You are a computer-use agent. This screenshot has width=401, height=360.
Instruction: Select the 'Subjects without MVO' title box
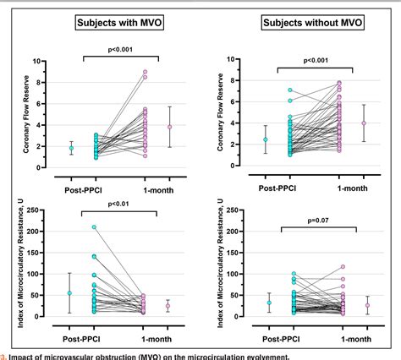point(306,22)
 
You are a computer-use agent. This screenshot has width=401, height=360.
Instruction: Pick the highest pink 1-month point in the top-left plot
point(145,72)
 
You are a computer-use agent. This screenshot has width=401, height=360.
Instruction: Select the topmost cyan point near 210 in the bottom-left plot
point(93,227)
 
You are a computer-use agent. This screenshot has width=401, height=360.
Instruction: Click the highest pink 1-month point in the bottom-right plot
point(343,267)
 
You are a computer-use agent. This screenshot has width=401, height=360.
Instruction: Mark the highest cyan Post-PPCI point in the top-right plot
point(289,90)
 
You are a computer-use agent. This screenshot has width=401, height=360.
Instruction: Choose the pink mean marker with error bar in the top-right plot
point(364,123)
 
